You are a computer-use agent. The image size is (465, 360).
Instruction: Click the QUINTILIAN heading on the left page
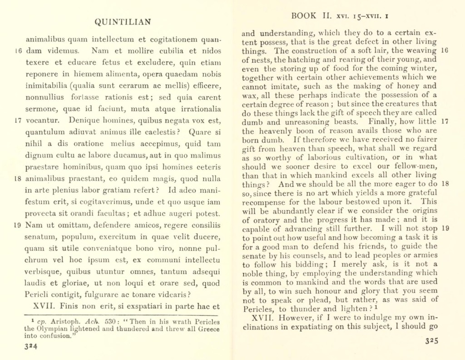coord(122,22)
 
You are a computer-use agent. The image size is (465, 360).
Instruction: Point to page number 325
coord(432,342)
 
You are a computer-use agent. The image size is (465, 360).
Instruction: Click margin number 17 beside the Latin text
coord(18,120)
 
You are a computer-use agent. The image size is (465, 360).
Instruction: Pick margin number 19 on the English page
coord(445,229)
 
